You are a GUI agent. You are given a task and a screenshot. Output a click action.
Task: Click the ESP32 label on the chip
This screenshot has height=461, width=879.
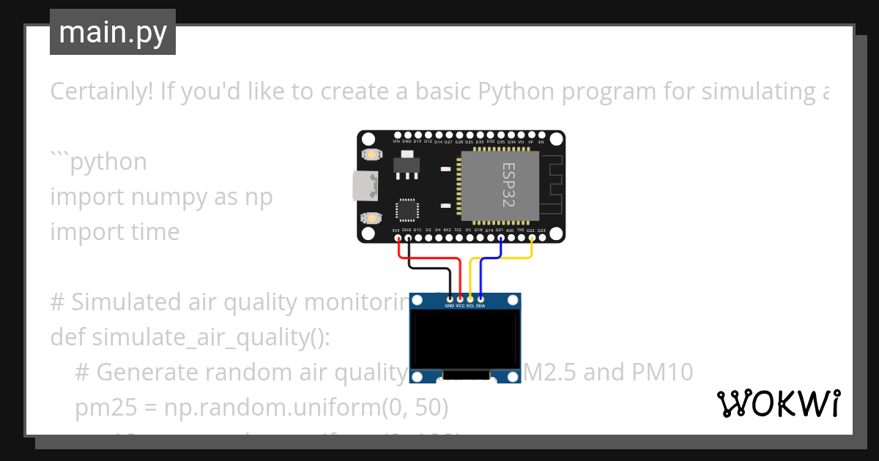coord(508,184)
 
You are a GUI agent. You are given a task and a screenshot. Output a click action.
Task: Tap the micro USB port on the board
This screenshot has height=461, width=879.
coord(363,186)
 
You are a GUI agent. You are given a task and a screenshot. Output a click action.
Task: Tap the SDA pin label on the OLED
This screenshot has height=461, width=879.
coord(481,306)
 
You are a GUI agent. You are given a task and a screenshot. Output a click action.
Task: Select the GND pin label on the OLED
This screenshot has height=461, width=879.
coord(450,306)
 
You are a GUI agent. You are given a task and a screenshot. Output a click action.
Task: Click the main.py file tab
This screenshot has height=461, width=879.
coord(112,32)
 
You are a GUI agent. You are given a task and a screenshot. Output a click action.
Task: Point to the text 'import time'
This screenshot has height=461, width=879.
coord(115,232)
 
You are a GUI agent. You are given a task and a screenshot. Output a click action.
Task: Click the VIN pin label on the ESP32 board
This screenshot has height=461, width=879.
coord(396,140)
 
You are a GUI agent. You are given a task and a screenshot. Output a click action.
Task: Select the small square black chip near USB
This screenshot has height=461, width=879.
coord(407,210)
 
